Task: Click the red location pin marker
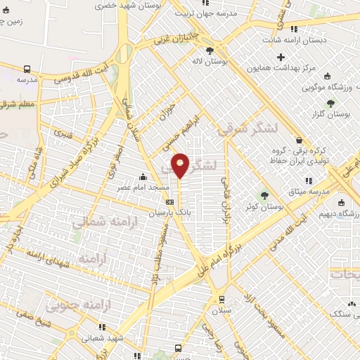181,165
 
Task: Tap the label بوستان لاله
210,63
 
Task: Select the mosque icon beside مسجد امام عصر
143,176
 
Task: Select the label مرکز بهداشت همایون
288,70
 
